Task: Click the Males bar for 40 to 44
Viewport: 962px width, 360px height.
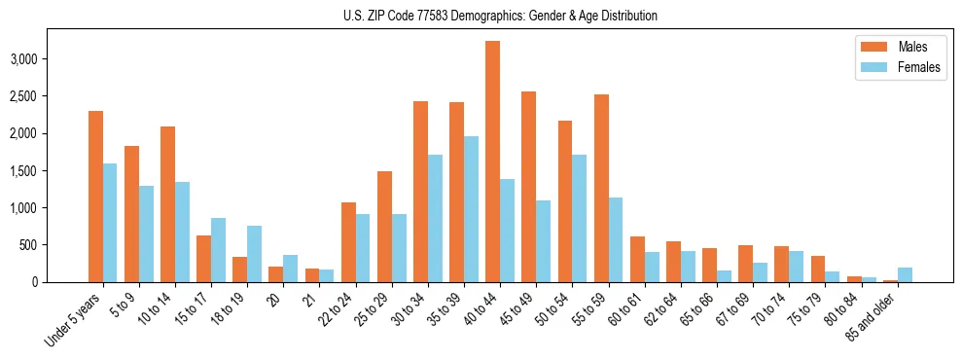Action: point(492,162)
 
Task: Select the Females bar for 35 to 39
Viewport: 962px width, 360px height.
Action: point(471,209)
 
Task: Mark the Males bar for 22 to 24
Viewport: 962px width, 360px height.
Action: point(348,242)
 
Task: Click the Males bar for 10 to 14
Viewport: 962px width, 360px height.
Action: point(167,204)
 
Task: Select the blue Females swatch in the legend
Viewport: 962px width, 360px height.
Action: point(868,68)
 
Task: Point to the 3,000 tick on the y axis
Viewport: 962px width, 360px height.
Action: point(50,59)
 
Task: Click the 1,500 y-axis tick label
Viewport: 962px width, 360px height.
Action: point(50,170)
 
